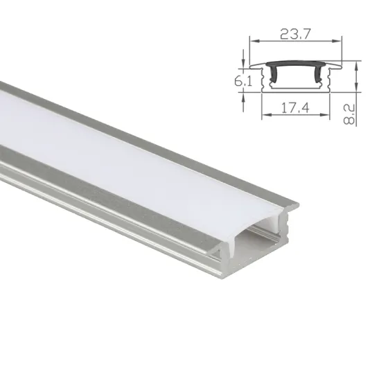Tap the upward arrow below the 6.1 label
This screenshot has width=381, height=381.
[x=244, y=97]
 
